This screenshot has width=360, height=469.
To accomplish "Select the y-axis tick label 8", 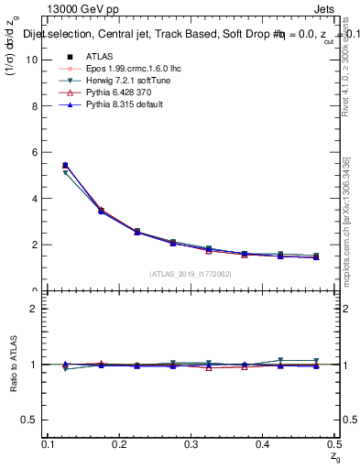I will coord(34,105).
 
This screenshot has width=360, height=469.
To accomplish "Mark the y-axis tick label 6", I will coord(34,152).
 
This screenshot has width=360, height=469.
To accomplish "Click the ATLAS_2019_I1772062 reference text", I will coord(191,274).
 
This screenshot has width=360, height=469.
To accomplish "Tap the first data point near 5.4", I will coord(65,166).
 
